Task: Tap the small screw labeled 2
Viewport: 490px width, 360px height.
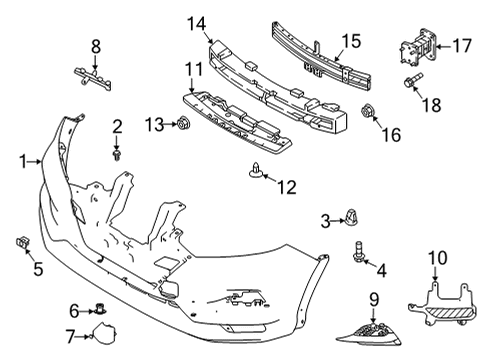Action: (117, 154)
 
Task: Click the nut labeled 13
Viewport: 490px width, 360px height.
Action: (184, 124)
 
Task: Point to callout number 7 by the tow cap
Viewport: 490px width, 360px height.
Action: (70, 336)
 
